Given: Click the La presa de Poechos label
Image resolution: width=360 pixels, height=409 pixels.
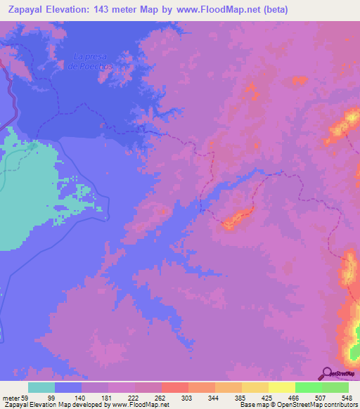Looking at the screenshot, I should point(91,61).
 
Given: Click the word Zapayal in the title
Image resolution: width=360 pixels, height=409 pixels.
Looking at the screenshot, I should point(27,10).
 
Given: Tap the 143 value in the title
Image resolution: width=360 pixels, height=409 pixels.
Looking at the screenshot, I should point(106,10).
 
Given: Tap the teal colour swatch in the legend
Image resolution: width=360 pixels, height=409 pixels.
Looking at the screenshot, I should point(41,387).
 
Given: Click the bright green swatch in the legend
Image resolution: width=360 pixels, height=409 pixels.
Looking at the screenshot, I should point(308,387).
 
